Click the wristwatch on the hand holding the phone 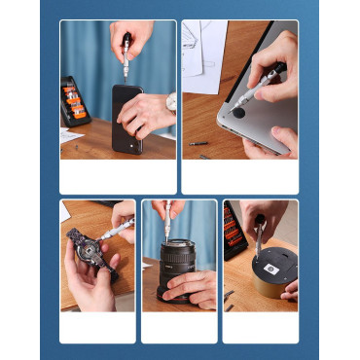(x=171, y=101)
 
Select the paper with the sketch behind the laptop (x=204, y=56)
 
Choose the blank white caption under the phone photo (x=118, y=177)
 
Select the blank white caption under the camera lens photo (x=179, y=327)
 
